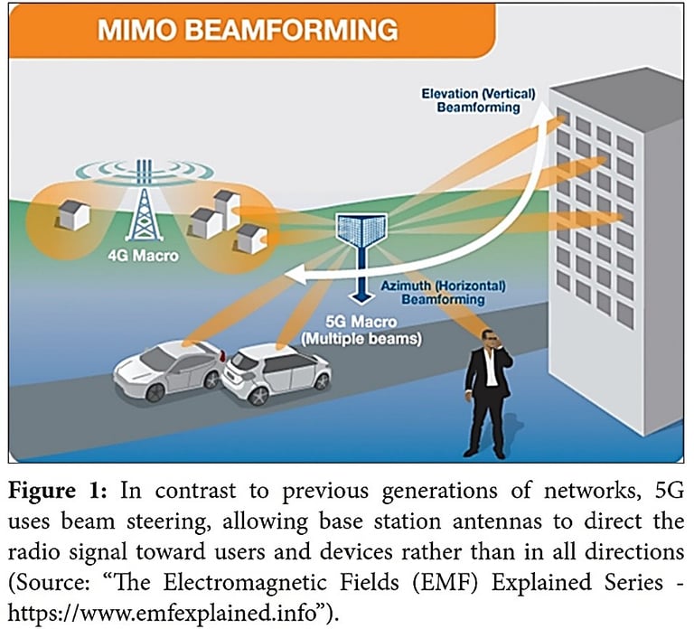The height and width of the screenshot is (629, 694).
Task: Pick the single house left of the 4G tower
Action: [x=71, y=213]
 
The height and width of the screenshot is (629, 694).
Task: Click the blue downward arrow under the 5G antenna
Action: [x=360, y=288]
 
